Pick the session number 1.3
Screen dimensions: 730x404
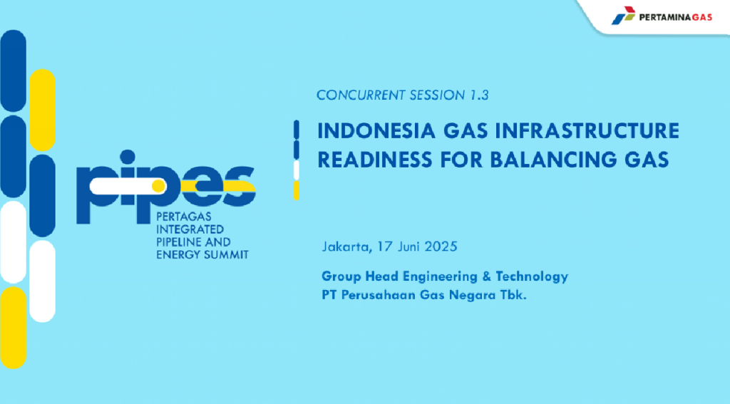(x=479, y=95)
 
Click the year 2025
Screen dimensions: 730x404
(x=441, y=247)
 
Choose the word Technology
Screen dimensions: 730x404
(x=532, y=277)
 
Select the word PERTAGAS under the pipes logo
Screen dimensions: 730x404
(x=183, y=217)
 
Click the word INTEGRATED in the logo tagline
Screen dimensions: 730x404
(x=190, y=229)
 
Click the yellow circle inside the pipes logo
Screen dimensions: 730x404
(x=159, y=186)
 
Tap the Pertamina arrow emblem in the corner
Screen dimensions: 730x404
(x=623, y=16)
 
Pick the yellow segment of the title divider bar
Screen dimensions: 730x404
(x=296, y=191)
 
